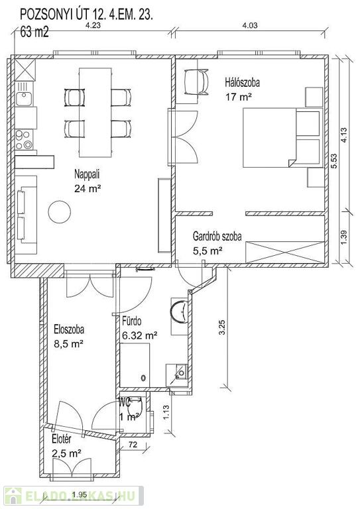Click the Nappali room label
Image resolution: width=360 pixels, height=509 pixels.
(x=87, y=174)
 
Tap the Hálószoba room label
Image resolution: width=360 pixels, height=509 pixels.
(x=243, y=82)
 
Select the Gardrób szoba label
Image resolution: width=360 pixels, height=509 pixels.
(x=217, y=236)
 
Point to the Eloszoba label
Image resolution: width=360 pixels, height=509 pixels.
(x=69, y=329)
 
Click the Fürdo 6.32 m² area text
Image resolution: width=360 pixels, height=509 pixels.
(x=140, y=335)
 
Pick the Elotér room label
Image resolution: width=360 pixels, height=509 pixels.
(x=62, y=439)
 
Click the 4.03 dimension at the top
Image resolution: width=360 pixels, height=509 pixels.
(x=250, y=26)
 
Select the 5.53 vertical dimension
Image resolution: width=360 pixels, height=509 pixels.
(x=334, y=160)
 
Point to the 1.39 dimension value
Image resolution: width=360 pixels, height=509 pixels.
(x=344, y=238)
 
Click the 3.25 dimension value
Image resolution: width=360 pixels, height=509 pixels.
(x=222, y=328)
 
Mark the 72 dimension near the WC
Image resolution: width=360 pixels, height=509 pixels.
(x=133, y=445)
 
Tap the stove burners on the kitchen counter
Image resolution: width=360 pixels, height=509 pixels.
(x=24, y=140)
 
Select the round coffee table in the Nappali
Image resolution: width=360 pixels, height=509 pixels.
(x=60, y=212)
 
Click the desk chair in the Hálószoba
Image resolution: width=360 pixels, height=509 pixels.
(x=196, y=82)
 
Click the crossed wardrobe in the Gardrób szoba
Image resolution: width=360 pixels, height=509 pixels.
(x=284, y=252)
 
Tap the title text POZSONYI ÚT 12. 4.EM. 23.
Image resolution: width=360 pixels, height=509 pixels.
(x=86, y=15)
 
